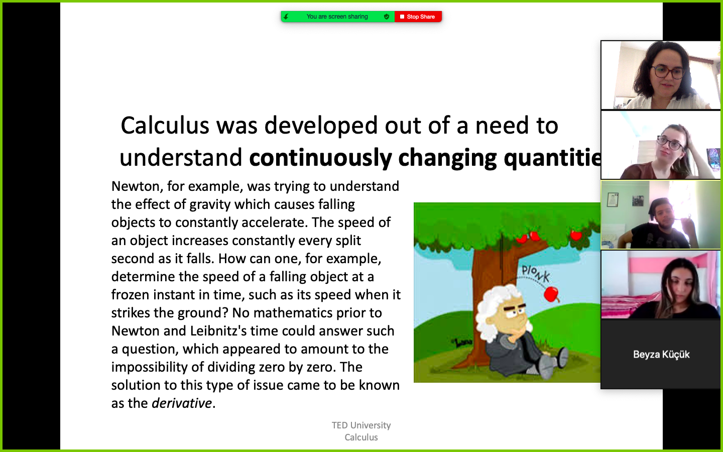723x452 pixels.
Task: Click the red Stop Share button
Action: point(418,17)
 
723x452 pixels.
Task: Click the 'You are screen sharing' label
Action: point(337,17)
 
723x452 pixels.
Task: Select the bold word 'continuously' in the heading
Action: point(320,158)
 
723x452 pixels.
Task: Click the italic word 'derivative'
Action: point(182,403)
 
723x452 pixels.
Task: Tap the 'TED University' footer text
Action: point(361,425)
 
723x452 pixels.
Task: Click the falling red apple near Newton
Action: point(551,294)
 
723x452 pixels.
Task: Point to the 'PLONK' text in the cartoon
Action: point(536,274)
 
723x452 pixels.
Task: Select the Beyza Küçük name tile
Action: point(661,354)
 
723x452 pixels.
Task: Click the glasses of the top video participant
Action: point(667,72)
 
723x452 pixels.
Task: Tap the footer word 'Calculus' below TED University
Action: point(361,437)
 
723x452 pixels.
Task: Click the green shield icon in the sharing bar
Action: point(387,17)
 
